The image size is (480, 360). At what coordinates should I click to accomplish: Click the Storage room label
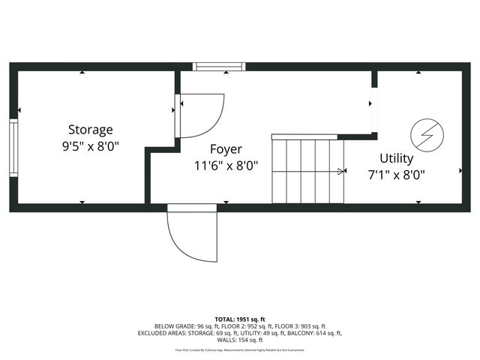pyautogui.click(x=91, y=129)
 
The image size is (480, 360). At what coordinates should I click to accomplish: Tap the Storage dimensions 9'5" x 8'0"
pyautogui.click(x=91, y=147)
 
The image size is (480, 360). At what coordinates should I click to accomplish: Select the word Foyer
pyautogui.click(x=226, y=148)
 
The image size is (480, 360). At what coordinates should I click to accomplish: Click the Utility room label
pyautogui.click(x=396, y=158)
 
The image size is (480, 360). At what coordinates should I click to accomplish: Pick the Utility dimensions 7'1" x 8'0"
pyautogui.click(x=396, y=176)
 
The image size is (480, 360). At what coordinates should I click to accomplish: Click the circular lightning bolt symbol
pyautogui.click(x=427, y=136)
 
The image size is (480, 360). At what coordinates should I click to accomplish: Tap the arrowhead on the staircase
pyautogui.click(x=342, y=172)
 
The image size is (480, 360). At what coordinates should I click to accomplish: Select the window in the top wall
pyautogui.click(x=219, y=67)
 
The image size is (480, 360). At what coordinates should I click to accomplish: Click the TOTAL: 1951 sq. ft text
pyautogui.click(x=240, y=319)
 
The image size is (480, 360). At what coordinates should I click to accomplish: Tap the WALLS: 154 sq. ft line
pyautogui.click(x=240, y=340)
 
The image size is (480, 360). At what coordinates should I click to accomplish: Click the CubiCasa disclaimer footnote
pyautogui.click(x=240, y=349)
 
